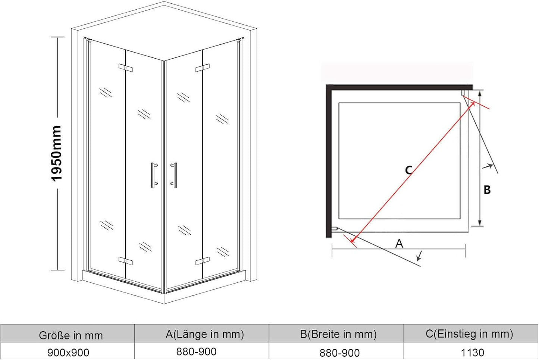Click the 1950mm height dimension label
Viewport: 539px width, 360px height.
(x=57, y=153)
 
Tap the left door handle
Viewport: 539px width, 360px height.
(x=154, y=175)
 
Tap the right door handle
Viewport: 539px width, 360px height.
(x=174, y=175)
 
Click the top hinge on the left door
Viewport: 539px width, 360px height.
(x=125, y=68)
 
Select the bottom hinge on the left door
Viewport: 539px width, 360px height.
(x=125, y=261)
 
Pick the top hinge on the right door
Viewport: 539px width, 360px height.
(x=203, y=68)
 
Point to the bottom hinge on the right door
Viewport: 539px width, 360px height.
(x=203, y=261)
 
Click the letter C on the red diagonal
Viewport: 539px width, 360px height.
(x=409, y=170)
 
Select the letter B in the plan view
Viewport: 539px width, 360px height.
(x=487, y=190)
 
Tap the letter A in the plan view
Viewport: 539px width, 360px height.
(x=399, y=243)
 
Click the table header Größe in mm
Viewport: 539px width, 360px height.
(x=71, y=335)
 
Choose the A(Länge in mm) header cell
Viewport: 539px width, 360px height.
(x=204, y=334)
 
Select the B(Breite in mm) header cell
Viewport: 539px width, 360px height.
(x=338, y=334)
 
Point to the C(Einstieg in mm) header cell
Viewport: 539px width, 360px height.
(x=469, y=334)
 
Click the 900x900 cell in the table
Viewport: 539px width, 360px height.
(x=68, y=353)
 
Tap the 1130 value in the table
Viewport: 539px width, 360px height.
(x=472, y=353)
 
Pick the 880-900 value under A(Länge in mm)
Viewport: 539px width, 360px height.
(x=196, y=352)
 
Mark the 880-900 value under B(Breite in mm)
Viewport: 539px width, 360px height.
(x=339, y=353)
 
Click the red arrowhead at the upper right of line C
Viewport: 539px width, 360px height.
(x=472, y=104)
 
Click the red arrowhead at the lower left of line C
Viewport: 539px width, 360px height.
(x=353, y=240)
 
